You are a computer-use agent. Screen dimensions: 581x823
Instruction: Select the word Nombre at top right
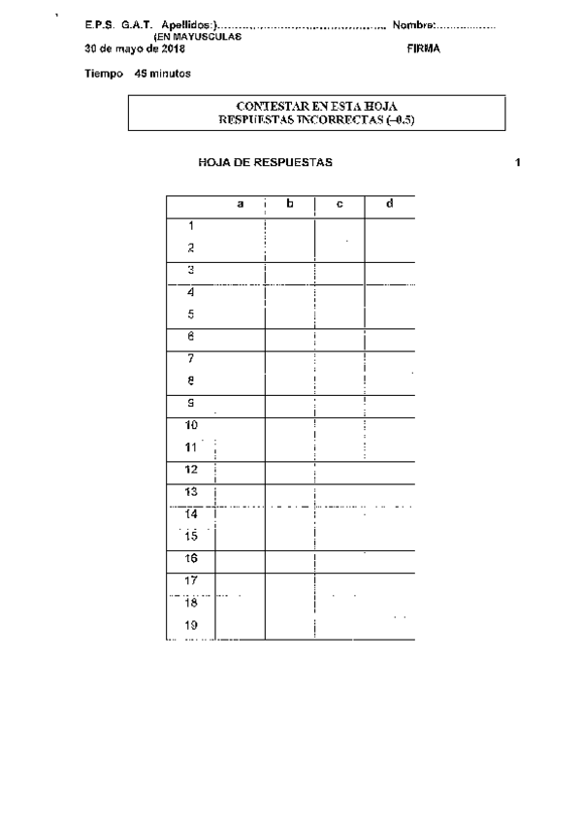click(x=413, y=25)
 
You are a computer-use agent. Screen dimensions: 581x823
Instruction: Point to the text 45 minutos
click(x=163, y=73)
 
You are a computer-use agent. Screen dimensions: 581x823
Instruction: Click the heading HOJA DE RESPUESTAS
click(x=265, y=163)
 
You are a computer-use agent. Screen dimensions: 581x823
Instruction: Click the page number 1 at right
click(x=519, y=163)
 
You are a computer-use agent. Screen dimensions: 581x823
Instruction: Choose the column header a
click(x=241, y=204)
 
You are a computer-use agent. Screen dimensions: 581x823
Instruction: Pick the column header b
click(x=290, y=204)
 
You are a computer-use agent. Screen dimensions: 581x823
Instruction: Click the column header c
click(x=339, y=204)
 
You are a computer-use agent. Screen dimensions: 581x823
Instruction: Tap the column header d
click(x=389, y=204)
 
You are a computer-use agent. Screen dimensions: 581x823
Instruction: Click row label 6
click(x=191, y=337)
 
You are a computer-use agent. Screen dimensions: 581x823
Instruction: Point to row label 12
click(x=191, y=469)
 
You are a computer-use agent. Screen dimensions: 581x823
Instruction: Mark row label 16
click(x=191, y=558)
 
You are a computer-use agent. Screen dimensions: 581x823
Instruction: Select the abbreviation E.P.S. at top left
click(x=100, y=25)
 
